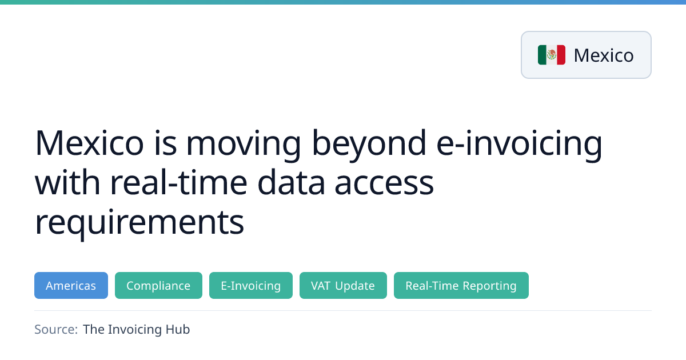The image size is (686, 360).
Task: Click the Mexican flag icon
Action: coord(552,55)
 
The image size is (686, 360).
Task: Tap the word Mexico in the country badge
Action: coord(604,55)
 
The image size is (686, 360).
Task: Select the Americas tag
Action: coord(71,285)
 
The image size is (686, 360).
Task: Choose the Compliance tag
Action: coord(158,285)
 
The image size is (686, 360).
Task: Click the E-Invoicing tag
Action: coord(251,285)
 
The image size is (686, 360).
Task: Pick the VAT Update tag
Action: coord(343,285)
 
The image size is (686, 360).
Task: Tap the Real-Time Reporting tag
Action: coord(461,285)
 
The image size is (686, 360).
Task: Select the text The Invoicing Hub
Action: coord(136,329)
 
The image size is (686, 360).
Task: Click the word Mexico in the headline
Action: coord(89,143)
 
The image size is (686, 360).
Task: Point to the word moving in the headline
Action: coord(244,146)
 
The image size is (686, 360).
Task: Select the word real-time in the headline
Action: coord(178,182)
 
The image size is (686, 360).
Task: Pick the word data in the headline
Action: coord(291,182)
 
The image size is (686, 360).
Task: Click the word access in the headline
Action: coord(384,185)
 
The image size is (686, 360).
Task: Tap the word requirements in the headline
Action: coord(139,223)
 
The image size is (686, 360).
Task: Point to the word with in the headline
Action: coord(67,182)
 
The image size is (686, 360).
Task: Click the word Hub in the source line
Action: coord(178,329)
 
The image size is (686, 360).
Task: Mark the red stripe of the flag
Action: coord(561,55)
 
